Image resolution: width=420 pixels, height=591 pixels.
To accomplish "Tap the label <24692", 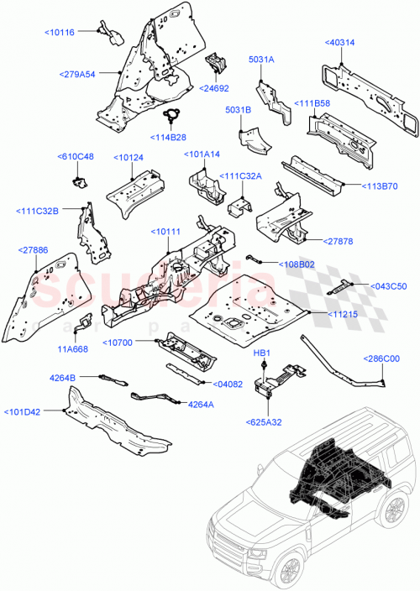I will pos(214,86).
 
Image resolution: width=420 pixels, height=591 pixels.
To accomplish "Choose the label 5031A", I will pos(261,60).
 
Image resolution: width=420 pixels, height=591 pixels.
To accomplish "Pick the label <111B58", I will pos(312,103).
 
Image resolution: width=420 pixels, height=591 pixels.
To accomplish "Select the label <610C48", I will pos(75,156).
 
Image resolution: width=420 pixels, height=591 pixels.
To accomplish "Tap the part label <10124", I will pos(126,156).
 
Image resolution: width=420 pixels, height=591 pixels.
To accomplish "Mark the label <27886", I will pos(33,249).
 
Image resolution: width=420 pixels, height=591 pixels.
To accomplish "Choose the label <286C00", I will pos(382,358).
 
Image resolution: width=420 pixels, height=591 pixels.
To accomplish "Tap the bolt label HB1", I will pos(261,356).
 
